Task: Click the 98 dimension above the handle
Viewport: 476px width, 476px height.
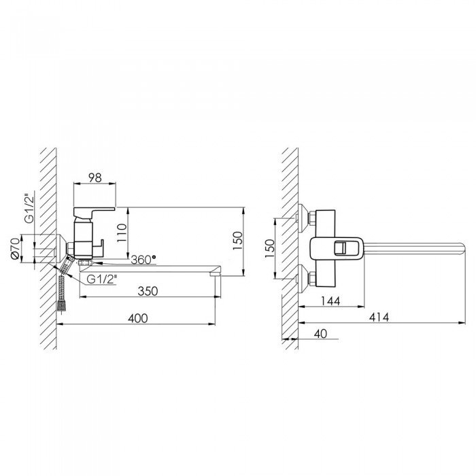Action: point(95,177)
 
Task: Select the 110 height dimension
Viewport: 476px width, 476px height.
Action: point(122,233)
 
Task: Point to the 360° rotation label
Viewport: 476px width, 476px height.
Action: point(143,260)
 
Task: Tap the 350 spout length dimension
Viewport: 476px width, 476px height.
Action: point(148,291)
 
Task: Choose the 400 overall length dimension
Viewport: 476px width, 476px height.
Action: point(138,318)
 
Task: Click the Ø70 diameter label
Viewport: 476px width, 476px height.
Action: point(15,248)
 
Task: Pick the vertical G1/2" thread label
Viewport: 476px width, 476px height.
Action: point(30,208)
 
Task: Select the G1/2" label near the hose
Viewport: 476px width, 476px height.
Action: point(102,279)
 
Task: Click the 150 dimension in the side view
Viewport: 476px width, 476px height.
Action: point(238,241)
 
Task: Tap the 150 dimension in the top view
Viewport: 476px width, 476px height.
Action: point(269,249)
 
